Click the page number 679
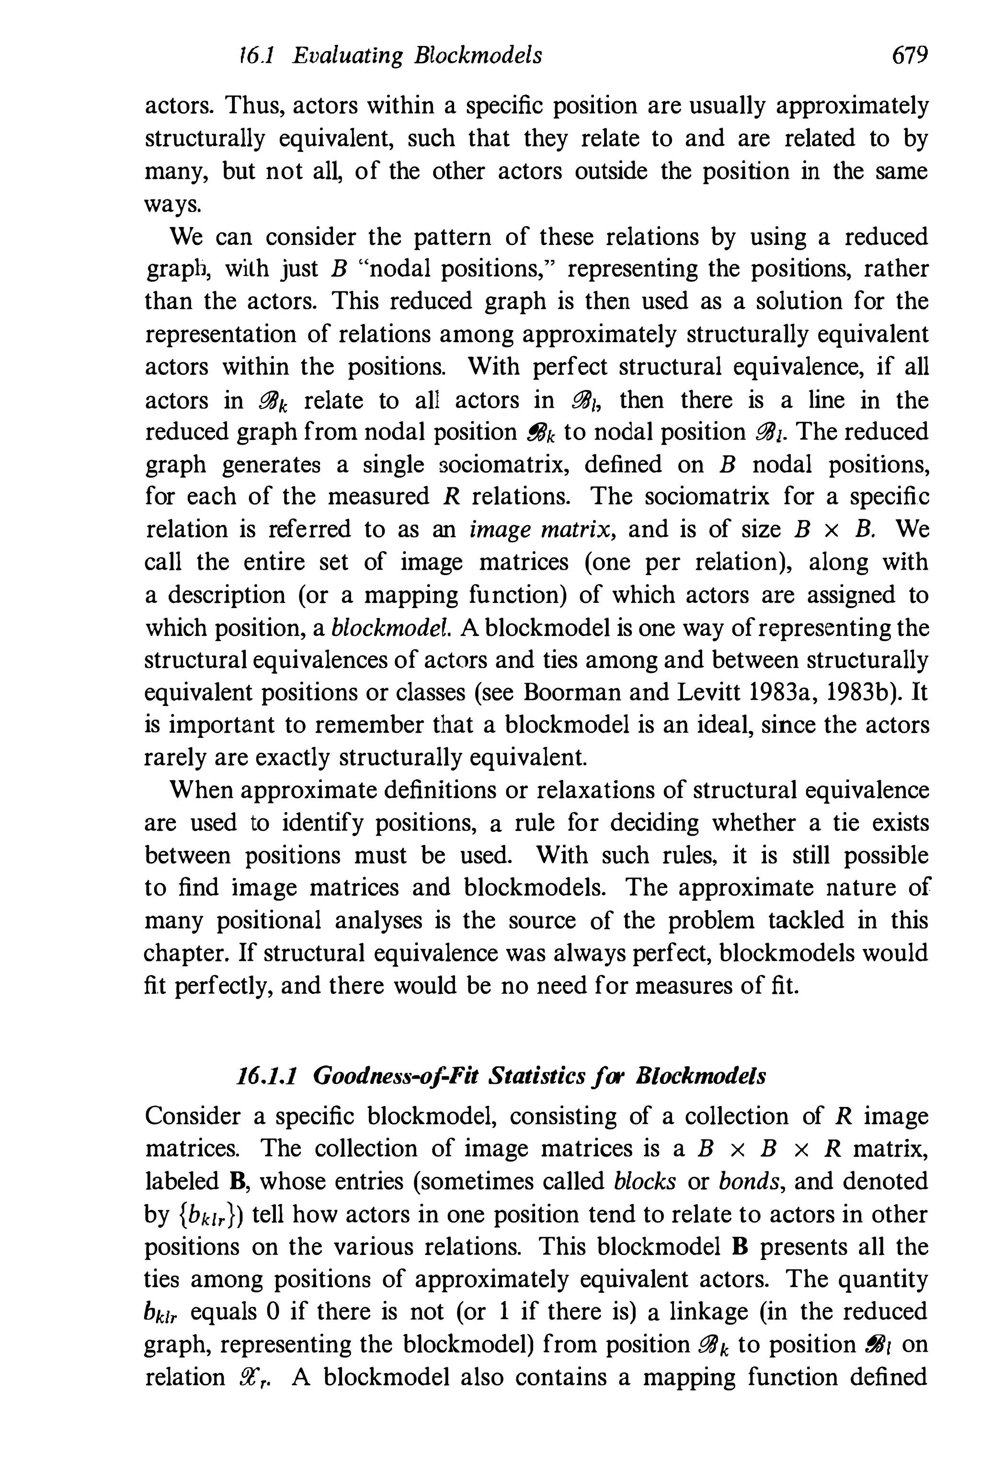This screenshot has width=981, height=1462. tap(908, 57)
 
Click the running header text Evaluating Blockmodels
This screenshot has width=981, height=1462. tap(417, 57)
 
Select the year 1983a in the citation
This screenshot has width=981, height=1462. tap(783, 693)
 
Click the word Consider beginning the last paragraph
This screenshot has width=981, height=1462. tap(192, 1116)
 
